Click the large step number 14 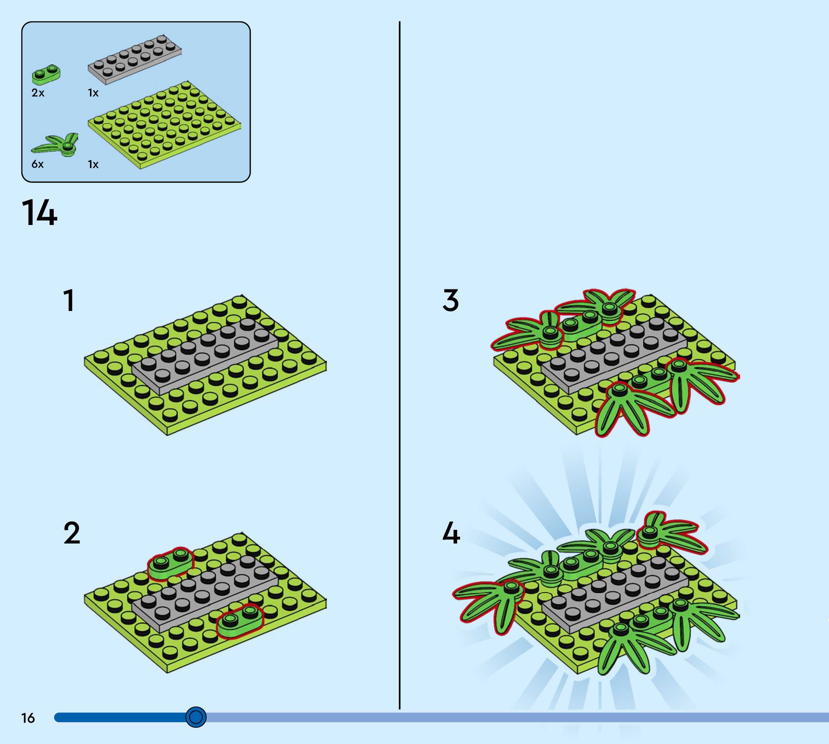[x=39, y=213]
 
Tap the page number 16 [x=28, y=718]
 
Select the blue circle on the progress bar [x=196, y=717]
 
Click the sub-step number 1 [x=69, y=301]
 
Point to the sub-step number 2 [x=72, y=533]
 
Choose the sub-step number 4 [x=451, y=533]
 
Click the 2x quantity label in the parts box [x=37, y=93]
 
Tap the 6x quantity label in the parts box [x=37, y=164]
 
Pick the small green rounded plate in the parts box [x=46, y=74]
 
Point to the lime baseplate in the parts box [x=163, y=125]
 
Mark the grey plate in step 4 [x=613, y=593]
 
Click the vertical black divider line [x=399, y=368]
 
